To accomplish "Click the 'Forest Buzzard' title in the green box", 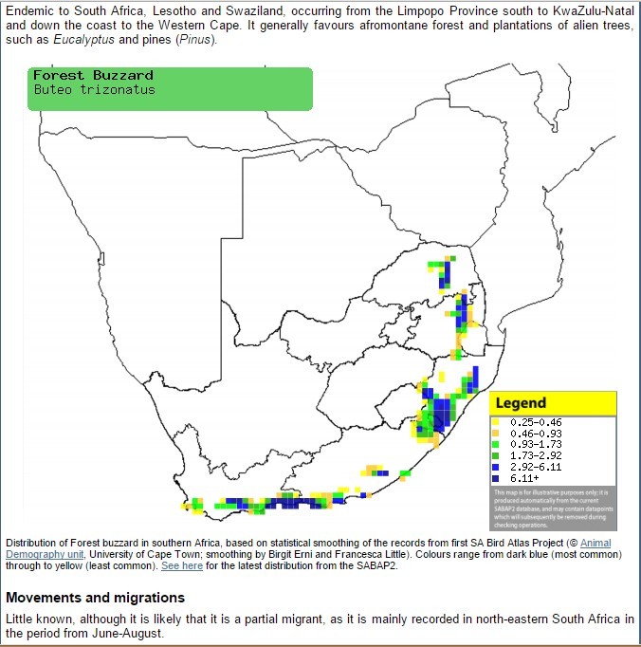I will (93, 75).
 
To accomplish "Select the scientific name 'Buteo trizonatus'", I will (94, 90).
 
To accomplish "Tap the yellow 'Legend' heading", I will (521, 403).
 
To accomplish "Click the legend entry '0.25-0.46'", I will (535, 421).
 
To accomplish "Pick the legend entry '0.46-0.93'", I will (535, 433).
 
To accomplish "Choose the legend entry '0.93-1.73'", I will (535, 444).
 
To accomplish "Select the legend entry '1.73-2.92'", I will (535, 455).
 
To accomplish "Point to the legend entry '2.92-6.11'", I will (535, 467).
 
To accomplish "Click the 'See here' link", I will (182, 565).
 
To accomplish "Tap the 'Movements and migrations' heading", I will (95, 598).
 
